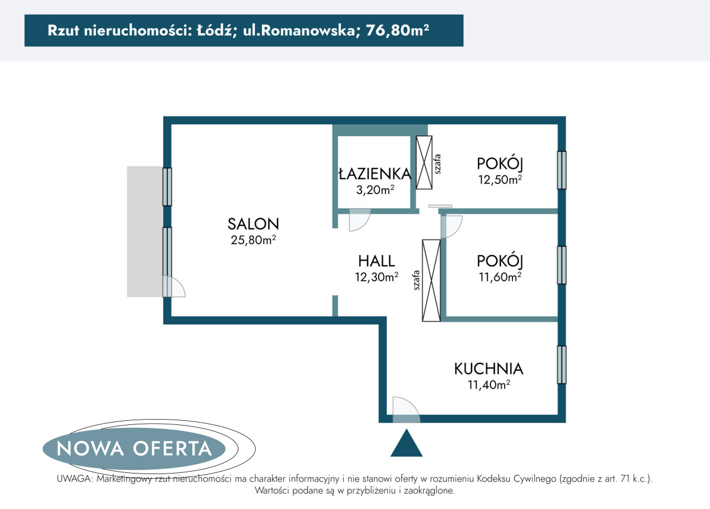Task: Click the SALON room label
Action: point(253,224)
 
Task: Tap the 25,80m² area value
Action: point(253,240)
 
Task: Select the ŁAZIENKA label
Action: point(375,173)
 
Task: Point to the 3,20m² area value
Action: point(375,189)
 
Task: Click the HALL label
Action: point(376,261)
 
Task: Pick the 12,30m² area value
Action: point(376,277)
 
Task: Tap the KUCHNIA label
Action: point(489,369)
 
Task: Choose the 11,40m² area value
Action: point(489,385)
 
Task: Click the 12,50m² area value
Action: point(500,179)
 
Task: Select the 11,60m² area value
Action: point(500,277)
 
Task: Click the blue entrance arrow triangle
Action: point(406,443)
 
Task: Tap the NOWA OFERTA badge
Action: point(134,449)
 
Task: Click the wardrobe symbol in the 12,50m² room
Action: point(424,163)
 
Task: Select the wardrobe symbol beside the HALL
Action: point(431,281)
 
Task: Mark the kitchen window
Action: point(561,365)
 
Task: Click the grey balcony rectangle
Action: point(145,231)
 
